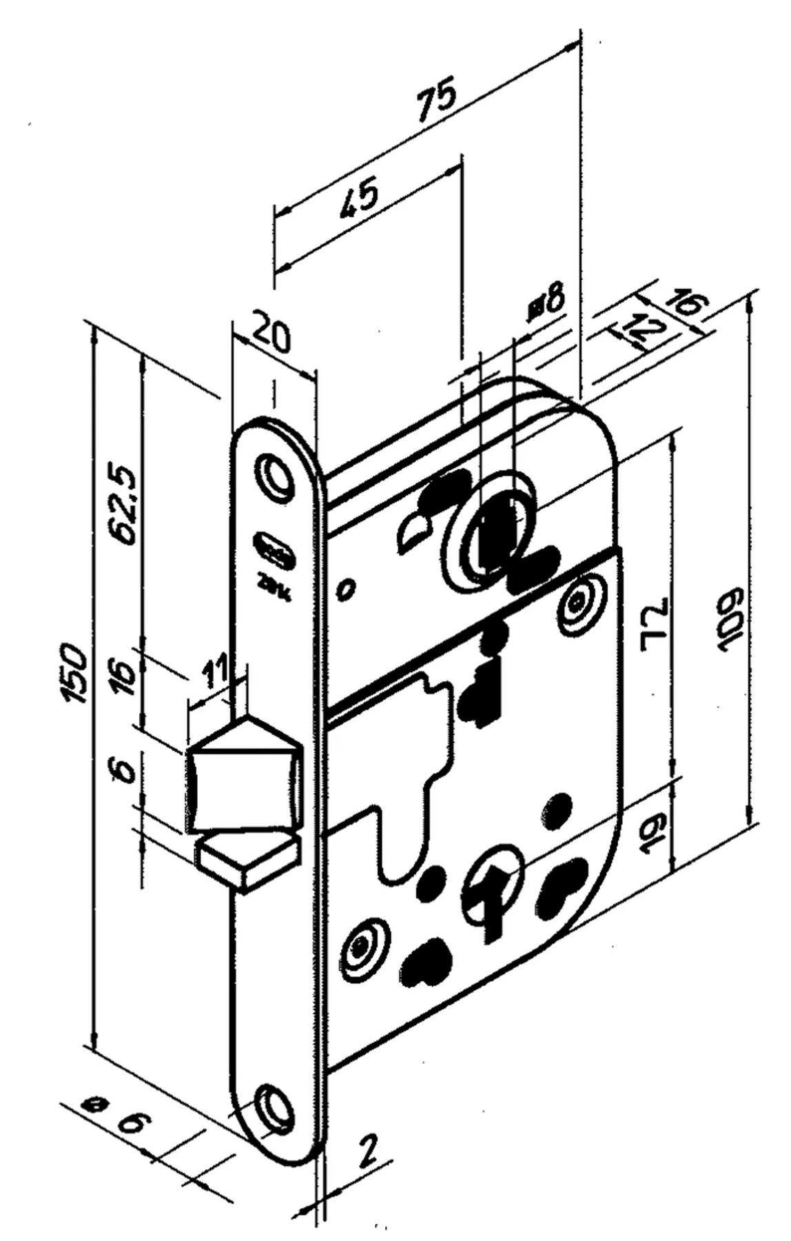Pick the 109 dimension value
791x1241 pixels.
click(728, 619)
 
